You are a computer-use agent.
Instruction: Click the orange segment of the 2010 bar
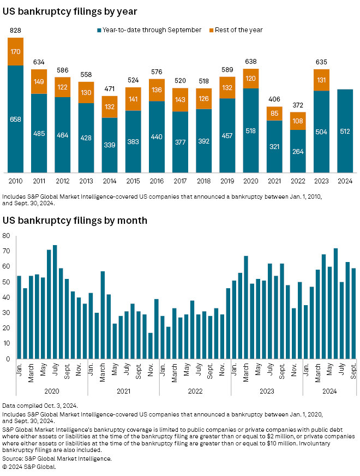(16, 52)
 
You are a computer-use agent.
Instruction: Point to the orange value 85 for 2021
(274, 114)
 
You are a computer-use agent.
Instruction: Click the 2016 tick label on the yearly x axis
(157, 181)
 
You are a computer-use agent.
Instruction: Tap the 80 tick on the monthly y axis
(7, 236)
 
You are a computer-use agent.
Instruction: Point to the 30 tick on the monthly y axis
(7, 313)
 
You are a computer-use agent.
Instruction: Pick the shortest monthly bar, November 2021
(151, 346)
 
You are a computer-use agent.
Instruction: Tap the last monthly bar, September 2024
(353, 313)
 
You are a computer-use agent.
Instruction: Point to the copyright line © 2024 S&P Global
(32, 466)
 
